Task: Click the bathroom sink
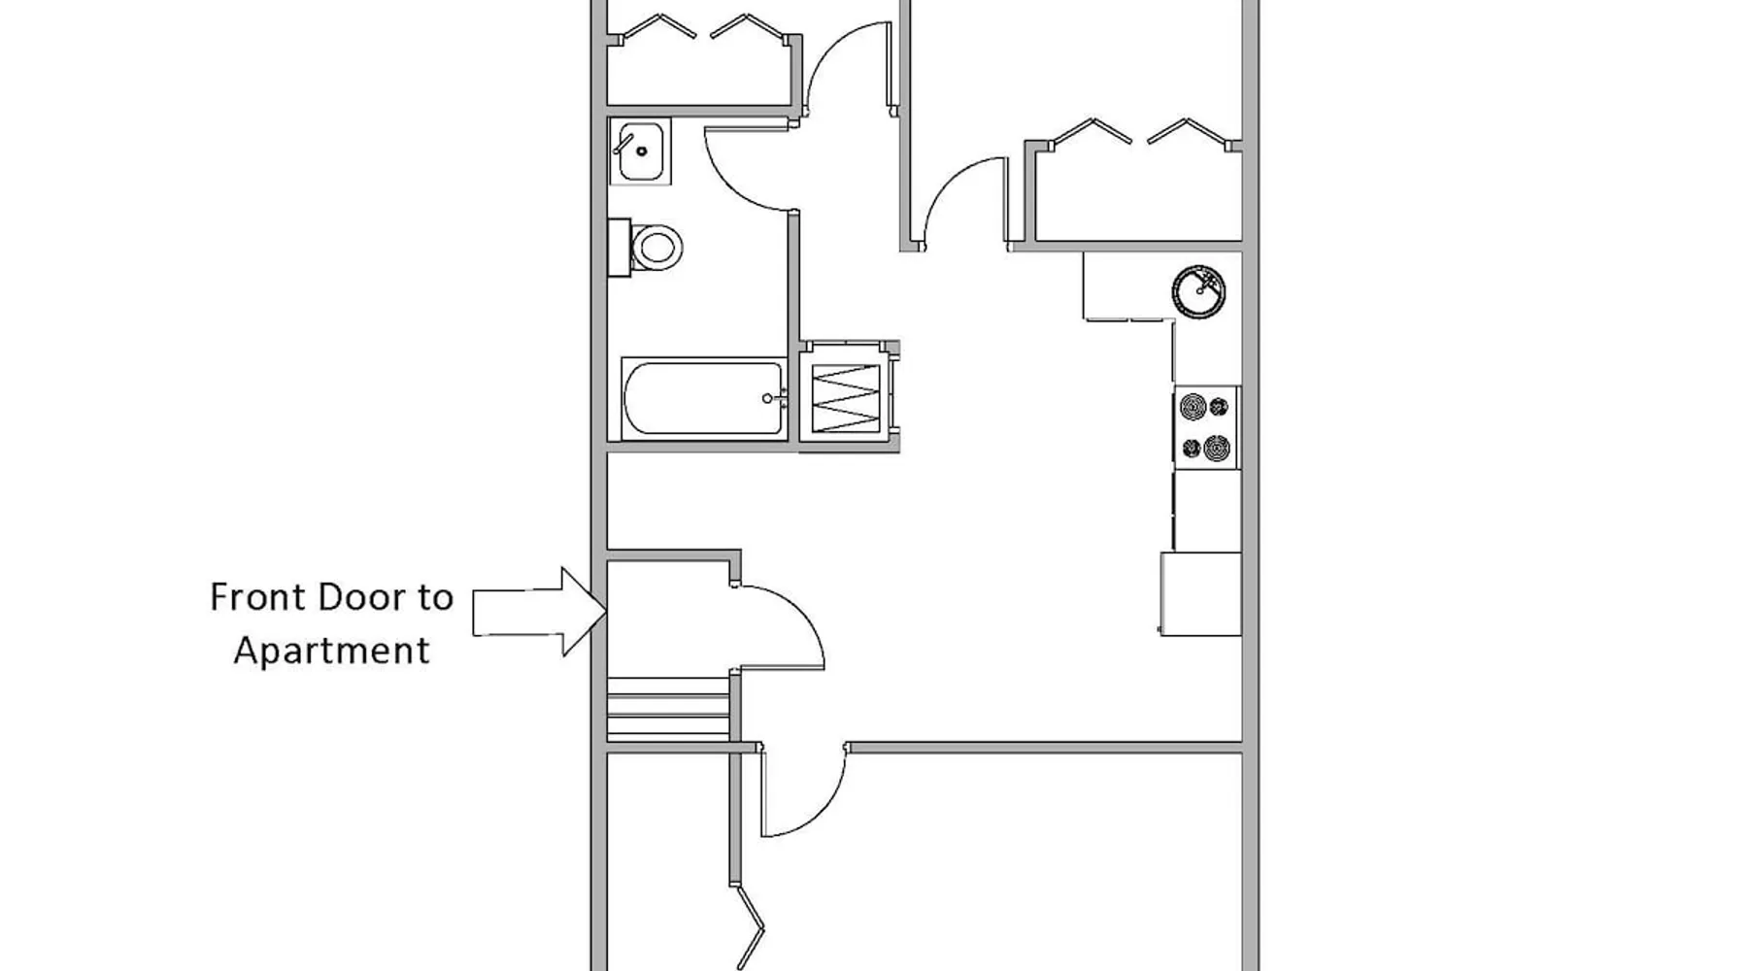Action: pos(640,151)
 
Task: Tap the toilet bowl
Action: pos(656,248)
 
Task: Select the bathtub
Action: pos(704,398)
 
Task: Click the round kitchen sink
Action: pos(1198,291)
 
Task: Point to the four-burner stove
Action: pos(1206,427)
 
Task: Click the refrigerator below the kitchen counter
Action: pos(1200,593)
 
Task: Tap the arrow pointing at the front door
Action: pos(540,612)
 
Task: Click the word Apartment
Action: pos(332,651)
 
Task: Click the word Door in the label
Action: pos(362,597)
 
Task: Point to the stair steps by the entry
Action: pos(668,708)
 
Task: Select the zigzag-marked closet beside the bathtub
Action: pos(846,397)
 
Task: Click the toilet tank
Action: pos(619,248)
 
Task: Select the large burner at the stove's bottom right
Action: pos(1217,449)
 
